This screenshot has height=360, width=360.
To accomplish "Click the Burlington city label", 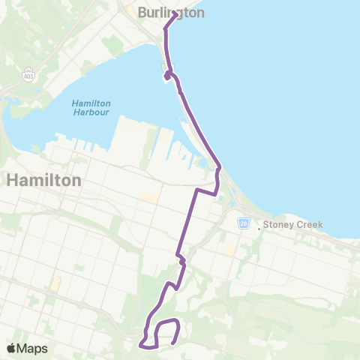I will point(172,12).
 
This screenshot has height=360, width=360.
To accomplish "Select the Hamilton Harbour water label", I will point(91,107).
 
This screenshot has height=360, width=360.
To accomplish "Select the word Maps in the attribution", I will point(32,348).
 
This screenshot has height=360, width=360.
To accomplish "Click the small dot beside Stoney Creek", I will point(259,227).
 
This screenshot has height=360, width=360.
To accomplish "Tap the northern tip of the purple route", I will point(175,13).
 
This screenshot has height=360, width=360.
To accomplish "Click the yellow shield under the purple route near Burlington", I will point(165,67).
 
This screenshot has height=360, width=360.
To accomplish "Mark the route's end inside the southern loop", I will point(173,343).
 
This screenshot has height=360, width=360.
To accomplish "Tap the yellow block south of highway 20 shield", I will point(229,247).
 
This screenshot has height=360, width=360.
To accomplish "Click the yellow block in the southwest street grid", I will point(55,284).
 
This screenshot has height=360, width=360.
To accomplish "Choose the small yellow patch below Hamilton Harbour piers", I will point(150,198).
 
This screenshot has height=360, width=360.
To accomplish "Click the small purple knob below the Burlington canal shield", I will point(166,76).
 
